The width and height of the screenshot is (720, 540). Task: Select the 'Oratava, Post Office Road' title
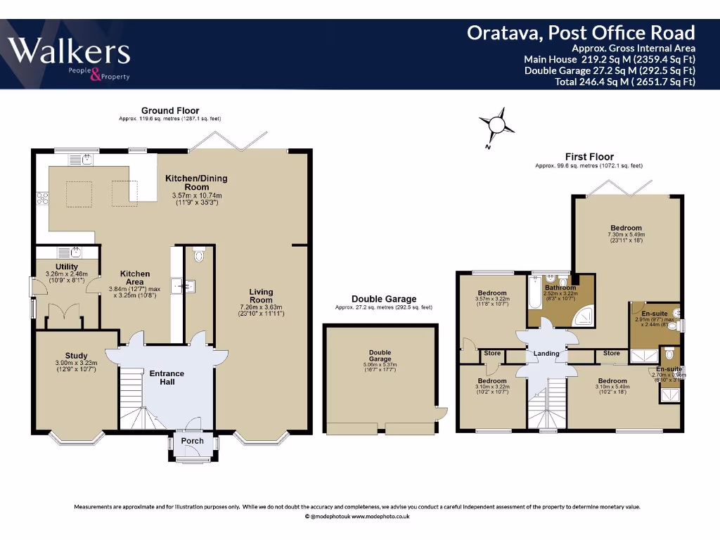581,32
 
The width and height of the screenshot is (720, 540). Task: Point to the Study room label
76,356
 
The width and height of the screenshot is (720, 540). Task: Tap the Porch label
192,441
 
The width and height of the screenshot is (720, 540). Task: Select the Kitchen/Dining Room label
196,182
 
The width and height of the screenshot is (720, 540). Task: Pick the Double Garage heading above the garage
384,299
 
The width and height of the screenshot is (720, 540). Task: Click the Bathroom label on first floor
560,288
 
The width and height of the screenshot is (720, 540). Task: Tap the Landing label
546,353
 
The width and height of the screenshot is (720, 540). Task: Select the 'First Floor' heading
589,157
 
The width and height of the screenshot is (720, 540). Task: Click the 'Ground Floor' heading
170,110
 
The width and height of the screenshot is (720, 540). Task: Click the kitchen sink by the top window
86,160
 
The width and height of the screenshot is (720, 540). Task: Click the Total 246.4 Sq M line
625,82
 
